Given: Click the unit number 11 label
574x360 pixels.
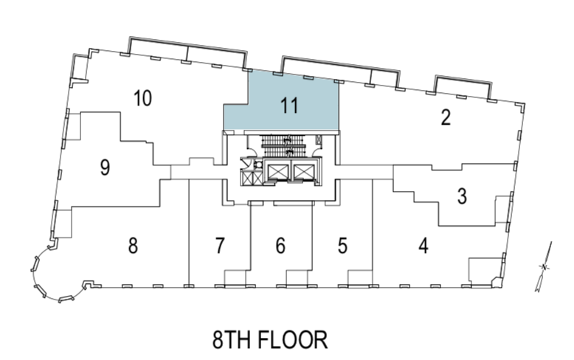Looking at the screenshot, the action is pyautogui.click(x=289, y=105).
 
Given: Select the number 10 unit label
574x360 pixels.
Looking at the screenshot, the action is pyautogui.click(x=142, y=98).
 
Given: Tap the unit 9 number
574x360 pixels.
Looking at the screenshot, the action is pyautogui.click(x=105, y=167).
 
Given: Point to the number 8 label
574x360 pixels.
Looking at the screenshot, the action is pyautogui.click(x=133, y=246).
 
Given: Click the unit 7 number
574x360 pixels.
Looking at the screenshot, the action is pyautogui.click(x=220, y=246).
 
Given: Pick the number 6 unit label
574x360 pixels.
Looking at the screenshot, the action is pyautogui.click(x=280, y=246).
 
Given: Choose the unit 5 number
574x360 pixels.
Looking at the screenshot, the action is pyautogui.click(x=342, y=246).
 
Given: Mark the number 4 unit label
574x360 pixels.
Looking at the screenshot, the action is pyautogui.click(x=423, y=246).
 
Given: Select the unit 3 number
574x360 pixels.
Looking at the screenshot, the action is pyautogui.click(x=462, y=195).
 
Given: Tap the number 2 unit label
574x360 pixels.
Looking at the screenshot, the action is pyautogui.click(x=446, y=118).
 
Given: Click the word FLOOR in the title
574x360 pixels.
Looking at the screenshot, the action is pyautogui.click(x=292, y=339).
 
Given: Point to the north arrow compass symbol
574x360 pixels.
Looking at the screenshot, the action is pyautogui.click(x=544, y=267).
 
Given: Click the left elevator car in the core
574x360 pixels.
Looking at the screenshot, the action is pyautogui.click(x=278, y=171).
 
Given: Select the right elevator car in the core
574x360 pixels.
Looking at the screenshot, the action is pyautogui.click(x=304, y=171).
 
